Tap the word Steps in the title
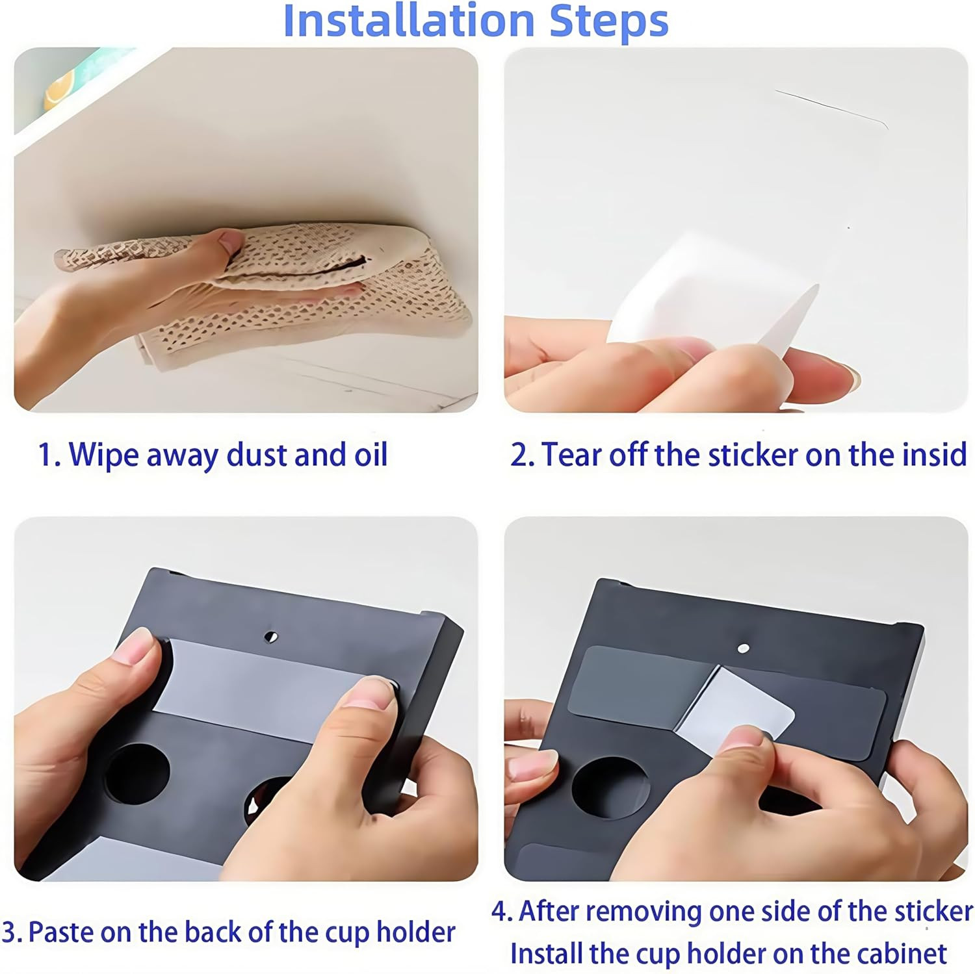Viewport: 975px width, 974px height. (609, 22)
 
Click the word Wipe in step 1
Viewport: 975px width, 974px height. (103, 455)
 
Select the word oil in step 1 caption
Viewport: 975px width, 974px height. (371, 454)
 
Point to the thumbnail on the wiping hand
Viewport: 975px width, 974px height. (232, 243)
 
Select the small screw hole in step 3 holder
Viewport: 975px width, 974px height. (272, 637)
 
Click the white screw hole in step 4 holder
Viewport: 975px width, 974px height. (744, 648)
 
